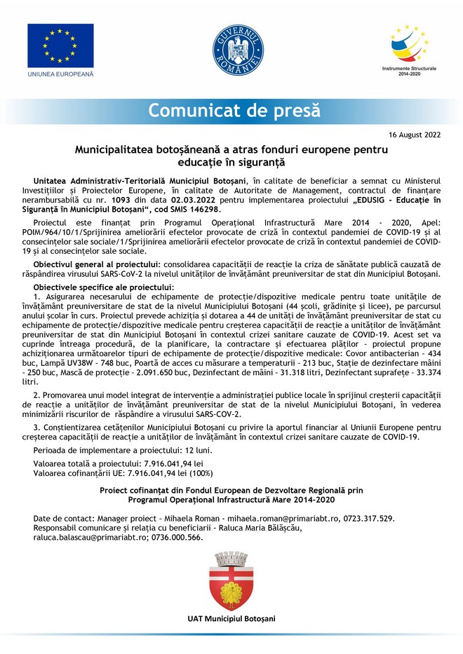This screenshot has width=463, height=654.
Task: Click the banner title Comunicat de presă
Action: point(234,110)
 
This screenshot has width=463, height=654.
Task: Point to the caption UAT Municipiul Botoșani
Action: point(231,618)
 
